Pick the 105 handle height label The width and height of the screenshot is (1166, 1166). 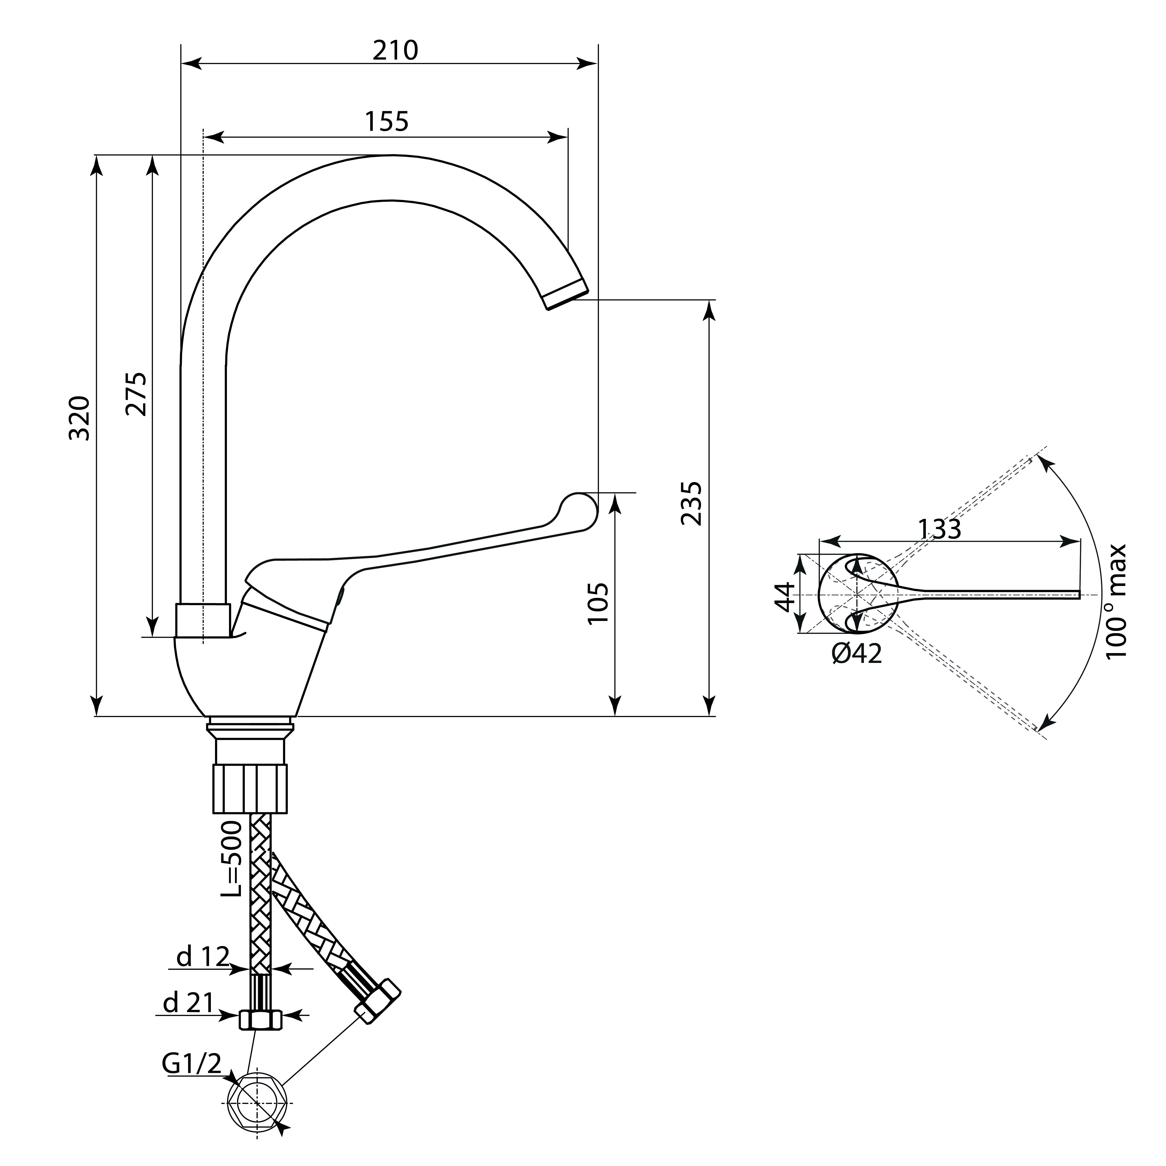coord(597,604)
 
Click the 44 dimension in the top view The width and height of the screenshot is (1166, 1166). coord(785,596)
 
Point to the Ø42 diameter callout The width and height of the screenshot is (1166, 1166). coord(856,653)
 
